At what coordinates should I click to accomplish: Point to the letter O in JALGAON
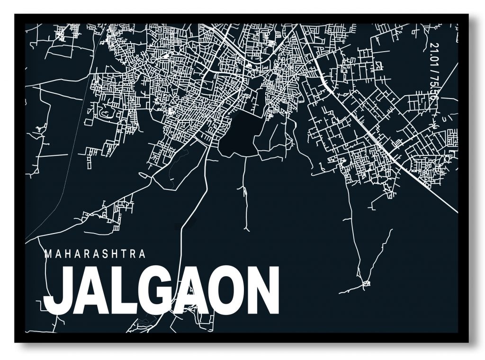(x=227, y=291)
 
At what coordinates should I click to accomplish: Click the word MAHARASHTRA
(x=94, y=254)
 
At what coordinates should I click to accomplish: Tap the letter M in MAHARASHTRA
(x=47, y=254)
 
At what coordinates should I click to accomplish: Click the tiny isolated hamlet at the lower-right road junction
(x=366, y=283)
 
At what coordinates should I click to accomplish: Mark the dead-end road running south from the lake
(x=245, y=189)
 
